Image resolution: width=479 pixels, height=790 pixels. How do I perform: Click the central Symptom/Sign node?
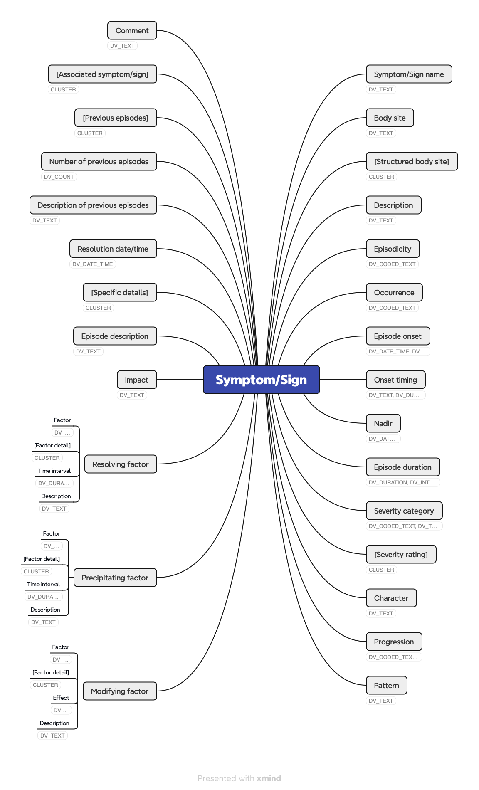click(261, 380)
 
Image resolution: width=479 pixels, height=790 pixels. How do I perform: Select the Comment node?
click(132, 30)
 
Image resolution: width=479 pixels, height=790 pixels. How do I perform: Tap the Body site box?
click(390, 118)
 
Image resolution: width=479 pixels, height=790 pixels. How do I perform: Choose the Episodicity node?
click(393, 249)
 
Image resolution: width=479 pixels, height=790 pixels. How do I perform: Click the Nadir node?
click(383, 423)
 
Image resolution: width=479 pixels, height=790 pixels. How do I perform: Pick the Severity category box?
click(404, 511)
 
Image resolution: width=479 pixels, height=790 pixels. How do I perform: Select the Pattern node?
click(386, 685)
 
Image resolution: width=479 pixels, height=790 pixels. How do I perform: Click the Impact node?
click(136, 380)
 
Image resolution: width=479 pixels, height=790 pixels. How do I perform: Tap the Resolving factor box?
click(121, 464)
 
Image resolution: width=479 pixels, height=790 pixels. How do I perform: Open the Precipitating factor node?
click(115, 578)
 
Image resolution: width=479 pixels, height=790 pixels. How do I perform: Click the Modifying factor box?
click(120, 691)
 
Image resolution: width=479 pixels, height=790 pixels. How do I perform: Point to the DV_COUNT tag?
click(59, 177)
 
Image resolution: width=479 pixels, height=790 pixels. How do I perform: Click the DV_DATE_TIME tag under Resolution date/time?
click(92, 264)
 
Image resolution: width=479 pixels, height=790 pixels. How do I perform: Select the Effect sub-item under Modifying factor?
click(61, 698)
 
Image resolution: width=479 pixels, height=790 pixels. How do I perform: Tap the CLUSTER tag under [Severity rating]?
click(381, 570)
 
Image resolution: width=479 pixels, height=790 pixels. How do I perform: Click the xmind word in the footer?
click(269, 778)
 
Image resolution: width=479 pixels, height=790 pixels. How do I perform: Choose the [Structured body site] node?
click(412, 161)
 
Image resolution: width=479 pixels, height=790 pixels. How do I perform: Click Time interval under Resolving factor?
click(54, 471)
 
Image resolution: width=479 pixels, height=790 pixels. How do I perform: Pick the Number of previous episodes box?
click(99, 161)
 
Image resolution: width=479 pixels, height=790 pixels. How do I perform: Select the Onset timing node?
click(395, 380)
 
